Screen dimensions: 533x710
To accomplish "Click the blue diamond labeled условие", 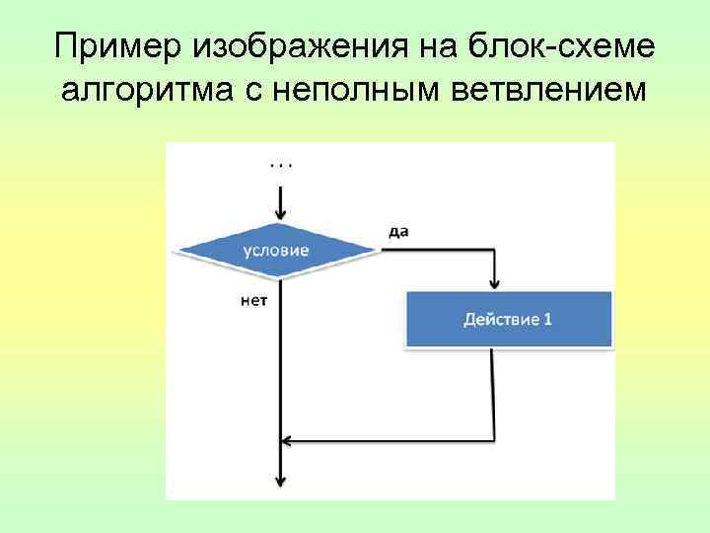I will pos(277,251).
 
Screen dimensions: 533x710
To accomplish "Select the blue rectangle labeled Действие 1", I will pos(509,319).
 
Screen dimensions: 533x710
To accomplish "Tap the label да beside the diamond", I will pos(398,232).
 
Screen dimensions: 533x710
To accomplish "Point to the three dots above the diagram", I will pos(281,165).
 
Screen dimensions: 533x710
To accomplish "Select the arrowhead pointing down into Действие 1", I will pos(493,284).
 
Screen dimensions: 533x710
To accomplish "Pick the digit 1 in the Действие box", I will pos(548,320).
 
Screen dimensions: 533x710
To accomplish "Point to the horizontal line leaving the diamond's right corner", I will pos(434,251).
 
